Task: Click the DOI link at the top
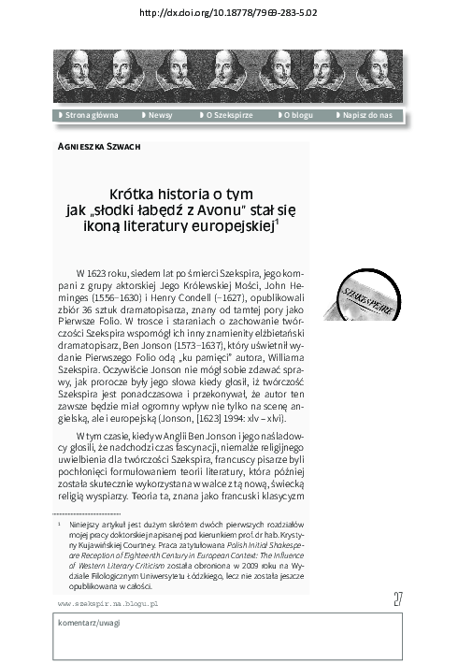tap(228, 13)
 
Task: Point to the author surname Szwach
tap(122, 146)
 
